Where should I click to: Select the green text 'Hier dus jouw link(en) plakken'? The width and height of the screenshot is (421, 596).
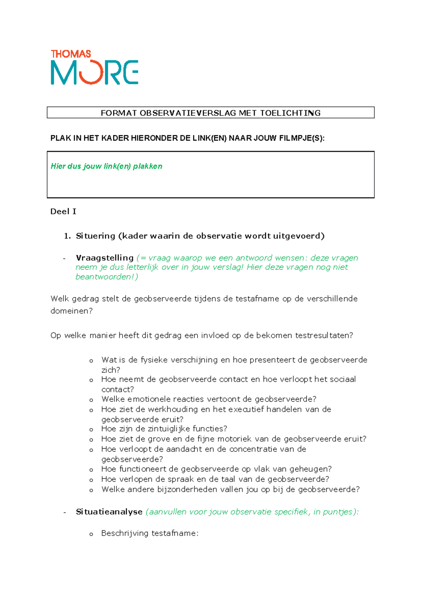click(x=106, y=166)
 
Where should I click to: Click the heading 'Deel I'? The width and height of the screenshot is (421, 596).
click(x=63, y=211)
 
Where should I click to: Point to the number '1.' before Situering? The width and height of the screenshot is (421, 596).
click(x=67, y=236)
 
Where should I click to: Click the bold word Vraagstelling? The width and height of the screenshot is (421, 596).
click(x=105, y=258)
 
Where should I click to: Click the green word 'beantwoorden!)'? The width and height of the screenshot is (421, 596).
click(x=107, y=277)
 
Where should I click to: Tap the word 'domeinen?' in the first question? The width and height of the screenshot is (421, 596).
click(x=71, y=311)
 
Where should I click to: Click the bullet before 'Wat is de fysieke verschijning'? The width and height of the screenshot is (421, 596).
click(x=91, y=361)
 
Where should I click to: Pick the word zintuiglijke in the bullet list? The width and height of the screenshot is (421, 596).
click(x=169, y=429)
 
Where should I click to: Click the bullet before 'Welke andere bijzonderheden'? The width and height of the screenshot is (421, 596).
click(x=91, y=490)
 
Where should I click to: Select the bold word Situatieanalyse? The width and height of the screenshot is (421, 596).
click(x=109, y=512)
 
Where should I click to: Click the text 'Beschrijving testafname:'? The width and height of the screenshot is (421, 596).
click(x=150, y=533)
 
